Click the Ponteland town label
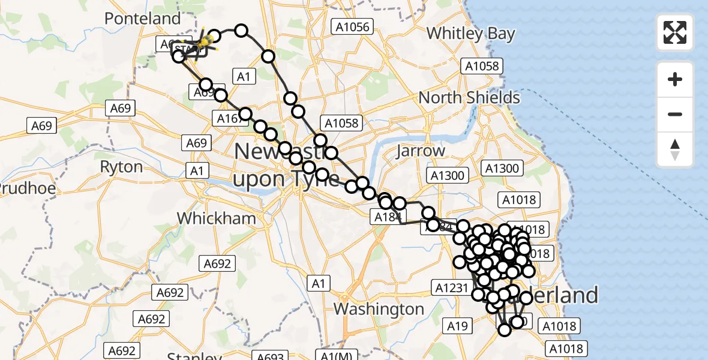142,19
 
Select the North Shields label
469,97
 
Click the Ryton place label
121,167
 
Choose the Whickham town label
217,218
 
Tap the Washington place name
379,309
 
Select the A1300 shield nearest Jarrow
447,175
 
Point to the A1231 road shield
451,288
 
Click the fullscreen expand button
675,32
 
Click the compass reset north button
675,149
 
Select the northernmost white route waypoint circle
241,31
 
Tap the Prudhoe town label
28,188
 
